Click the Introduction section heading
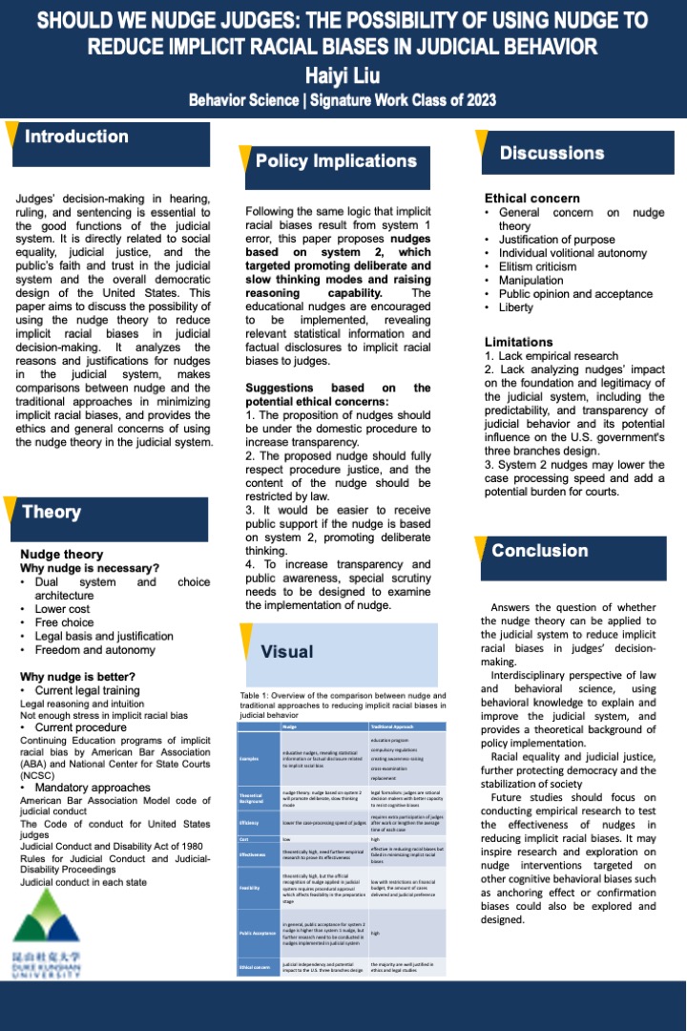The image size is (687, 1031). [76, 137]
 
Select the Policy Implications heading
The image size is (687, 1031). [336, 161]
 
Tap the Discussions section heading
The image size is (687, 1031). [552, 153]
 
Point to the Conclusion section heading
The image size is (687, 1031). [540, 551]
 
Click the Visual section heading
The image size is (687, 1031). [287, 651]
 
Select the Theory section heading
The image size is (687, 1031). [52, 512]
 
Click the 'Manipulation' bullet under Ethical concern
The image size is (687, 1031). [532, 281]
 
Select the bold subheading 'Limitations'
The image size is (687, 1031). [518, 342]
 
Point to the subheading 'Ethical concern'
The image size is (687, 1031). [531, 199]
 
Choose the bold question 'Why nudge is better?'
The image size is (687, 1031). [79, 677]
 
